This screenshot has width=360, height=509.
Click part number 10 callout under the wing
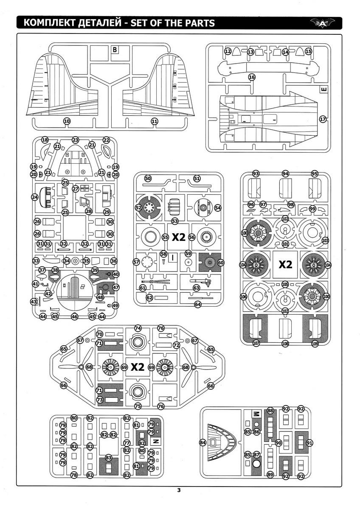pyautogui.click(x=67, y=121)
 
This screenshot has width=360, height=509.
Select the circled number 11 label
pyautogui.click(x=155, y=121)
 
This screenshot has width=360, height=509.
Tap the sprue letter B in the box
pyautogui.click(x=115, y=50)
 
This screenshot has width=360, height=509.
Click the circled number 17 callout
pyautogui.click(x=323, y=120)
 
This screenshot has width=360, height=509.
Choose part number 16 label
pyautogui.click(x=252, y=77)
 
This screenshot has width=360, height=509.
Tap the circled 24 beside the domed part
pyautogui.click(x=35, y=197)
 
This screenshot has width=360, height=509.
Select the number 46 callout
pyautogui.click(x=75, y=316)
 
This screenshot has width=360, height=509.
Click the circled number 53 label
pyautogui.click(x=175, y=221)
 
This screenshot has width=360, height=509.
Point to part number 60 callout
pyautogui.click(x=221, y=263)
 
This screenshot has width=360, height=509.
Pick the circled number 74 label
pyautogui.click(x=138, y=328)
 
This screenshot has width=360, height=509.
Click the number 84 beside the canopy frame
pyautogui.click(x=202, y=442)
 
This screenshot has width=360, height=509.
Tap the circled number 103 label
pyautogui.click(x=326, y=241)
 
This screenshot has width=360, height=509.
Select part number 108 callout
pyautogui.click(x=285, y=344)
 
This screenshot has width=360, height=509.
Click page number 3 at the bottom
pyautogui.click(x=179, y=491)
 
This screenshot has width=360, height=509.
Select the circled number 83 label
pyautogui.click(x=109, y=458)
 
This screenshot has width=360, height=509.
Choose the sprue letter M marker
pyautogui.click(x=256, y=414)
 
